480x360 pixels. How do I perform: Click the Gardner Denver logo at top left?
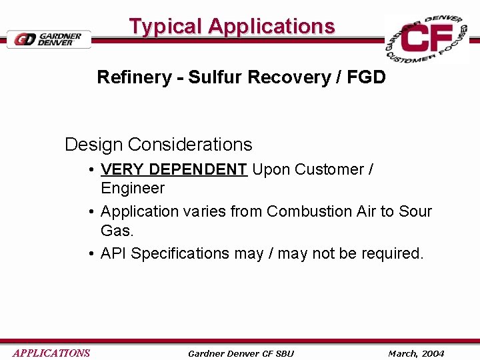tap(49, 39)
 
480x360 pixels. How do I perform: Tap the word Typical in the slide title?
tap(165, 27)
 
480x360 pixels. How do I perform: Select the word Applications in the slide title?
tap(271, 27)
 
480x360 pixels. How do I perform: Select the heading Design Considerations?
tap(158, 145)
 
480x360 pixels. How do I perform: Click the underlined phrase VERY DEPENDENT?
tap(173, 169)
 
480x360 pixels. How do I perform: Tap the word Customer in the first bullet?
tap(327, 169)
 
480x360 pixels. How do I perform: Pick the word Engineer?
tap(132, 189)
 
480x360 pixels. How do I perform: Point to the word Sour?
tap(415, 212)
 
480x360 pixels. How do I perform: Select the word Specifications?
tap(180, 254)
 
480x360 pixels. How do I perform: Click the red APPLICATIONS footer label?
tap(51, 353)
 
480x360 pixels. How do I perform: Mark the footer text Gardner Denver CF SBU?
tap(241, 353)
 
